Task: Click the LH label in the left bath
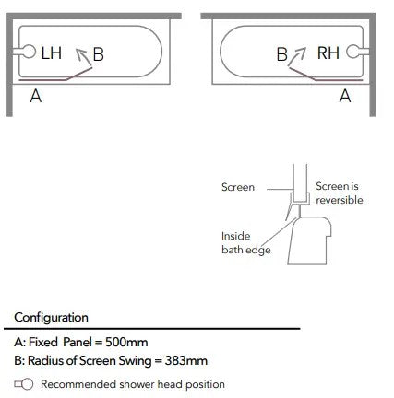[52, 53]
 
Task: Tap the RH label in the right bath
[328, 53]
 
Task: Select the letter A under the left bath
[36, 96]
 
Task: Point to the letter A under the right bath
[345, 96]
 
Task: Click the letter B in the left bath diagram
[99, 54]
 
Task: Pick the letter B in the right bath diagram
[281, 54]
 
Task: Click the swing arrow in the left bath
[83, 57]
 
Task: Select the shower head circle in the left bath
[30, 52]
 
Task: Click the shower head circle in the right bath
[352, 52]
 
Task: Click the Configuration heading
[51, 318]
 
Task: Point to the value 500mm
[126, 342]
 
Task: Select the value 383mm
[186, 360]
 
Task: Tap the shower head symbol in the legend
[24, 384]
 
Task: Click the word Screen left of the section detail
[238, 187]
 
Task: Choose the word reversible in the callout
[340, 200]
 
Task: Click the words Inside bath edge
[246, 243]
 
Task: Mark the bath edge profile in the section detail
[309, 240]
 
